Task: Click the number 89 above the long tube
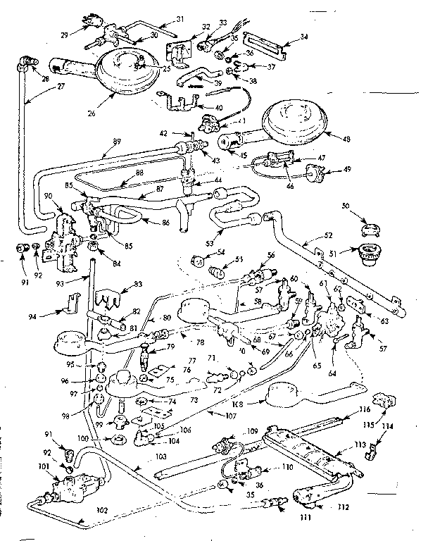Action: pos(107,150)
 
